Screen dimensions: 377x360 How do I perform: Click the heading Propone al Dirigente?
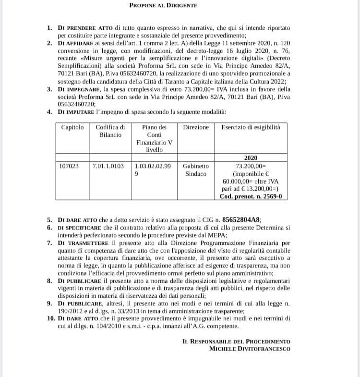163,5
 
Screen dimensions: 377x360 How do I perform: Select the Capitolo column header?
72,127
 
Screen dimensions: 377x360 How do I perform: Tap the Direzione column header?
196,127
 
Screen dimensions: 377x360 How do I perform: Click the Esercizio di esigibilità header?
251,127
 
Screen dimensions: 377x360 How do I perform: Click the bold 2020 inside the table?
251,158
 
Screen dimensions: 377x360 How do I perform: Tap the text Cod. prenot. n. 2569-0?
251,196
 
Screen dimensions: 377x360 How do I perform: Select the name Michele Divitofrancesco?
250,349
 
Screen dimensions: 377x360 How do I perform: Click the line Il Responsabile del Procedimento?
236,341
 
